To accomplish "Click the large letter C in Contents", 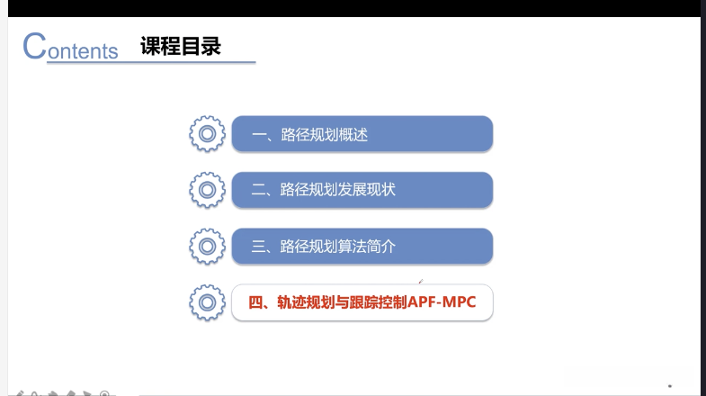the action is [34, 46].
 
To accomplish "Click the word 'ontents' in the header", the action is [83, 51].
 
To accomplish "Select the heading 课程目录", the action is [181, 46].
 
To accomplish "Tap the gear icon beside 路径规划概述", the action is [207, 134].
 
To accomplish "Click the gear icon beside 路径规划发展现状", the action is [207, 190].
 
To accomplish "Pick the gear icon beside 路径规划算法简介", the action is [207, 246].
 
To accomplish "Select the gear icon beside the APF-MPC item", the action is [207, 302].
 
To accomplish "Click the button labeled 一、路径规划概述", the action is [362, 134].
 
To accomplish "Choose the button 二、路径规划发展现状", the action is [362, 190].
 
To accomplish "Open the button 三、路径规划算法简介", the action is [362, 246].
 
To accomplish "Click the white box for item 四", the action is [362, 302].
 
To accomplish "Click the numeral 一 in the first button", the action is [259, 135].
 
